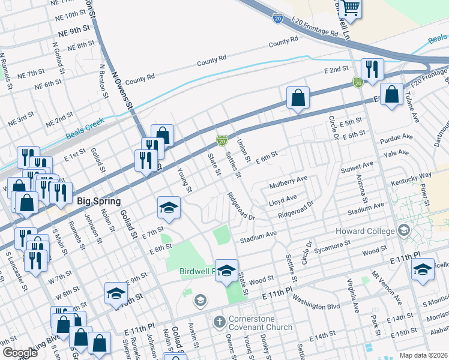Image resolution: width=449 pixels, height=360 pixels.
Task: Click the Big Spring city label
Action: (99, 201)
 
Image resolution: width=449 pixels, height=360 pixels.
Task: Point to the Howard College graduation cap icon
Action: (403, 230)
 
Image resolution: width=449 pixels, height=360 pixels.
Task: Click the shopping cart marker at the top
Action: (350, 8)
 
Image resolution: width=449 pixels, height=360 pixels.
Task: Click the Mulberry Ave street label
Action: (288, 179)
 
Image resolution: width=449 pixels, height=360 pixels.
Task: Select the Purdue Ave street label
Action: (393, 137)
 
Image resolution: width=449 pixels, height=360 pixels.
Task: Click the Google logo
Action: (20, 352)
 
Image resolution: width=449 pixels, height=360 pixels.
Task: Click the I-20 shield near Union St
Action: (221, 140)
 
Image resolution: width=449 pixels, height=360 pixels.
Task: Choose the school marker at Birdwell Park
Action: (226, 270)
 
